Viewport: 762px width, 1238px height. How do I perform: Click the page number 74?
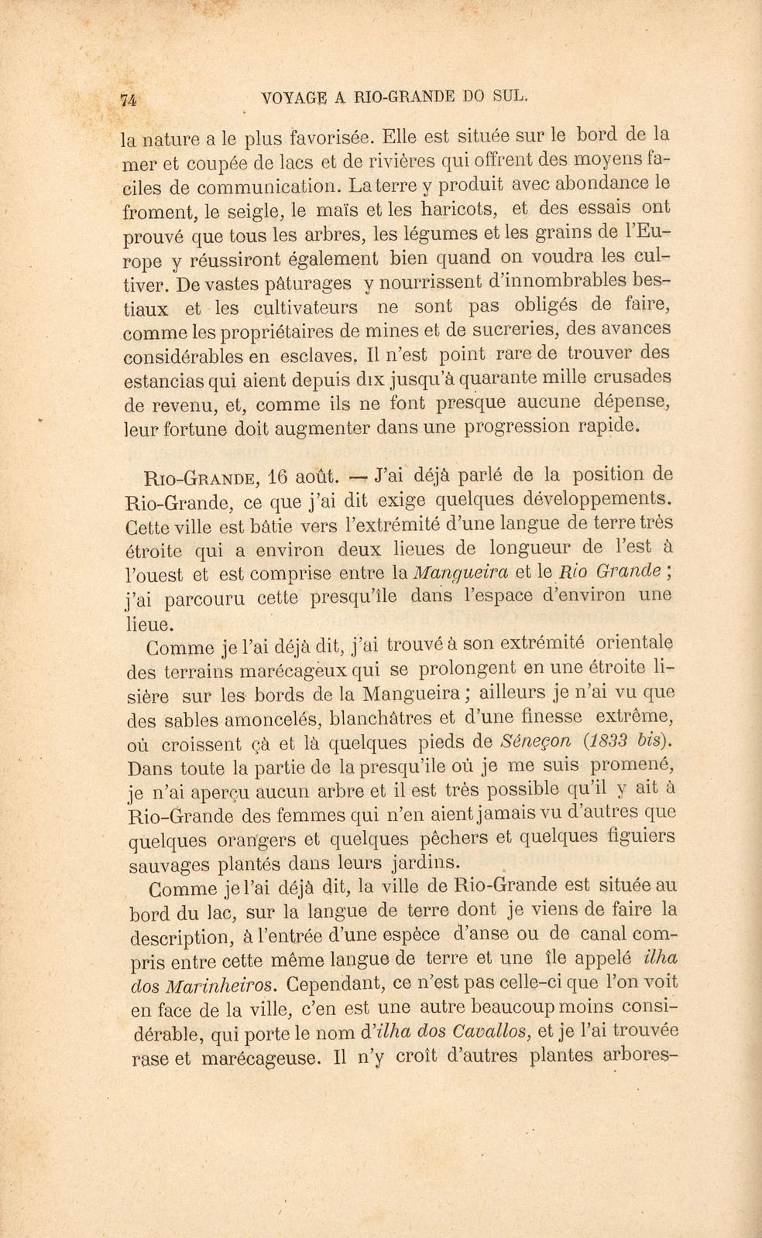click(x=129, y=99)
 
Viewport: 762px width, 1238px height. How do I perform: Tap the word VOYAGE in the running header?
click(x=297, y=97)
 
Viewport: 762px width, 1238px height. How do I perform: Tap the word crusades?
click(x=633, y=377)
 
